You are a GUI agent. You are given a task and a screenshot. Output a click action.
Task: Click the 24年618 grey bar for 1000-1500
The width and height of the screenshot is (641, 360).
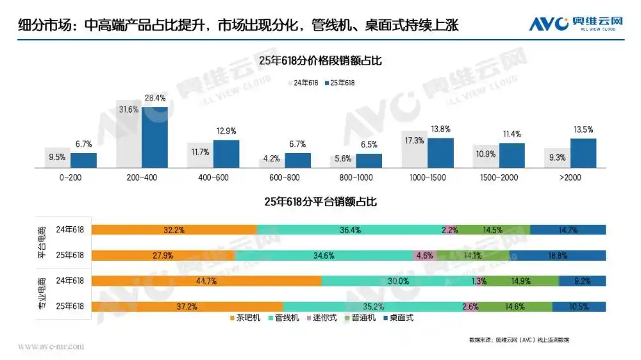414,149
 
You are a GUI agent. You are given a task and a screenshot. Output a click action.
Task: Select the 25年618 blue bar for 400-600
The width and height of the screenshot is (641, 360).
226,154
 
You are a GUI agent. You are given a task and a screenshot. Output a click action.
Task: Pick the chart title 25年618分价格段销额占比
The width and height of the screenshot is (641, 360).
320,60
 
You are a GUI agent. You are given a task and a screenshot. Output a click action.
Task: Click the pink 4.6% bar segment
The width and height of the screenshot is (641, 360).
424,255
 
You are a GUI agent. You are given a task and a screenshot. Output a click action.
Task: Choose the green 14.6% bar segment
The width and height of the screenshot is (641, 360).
515,306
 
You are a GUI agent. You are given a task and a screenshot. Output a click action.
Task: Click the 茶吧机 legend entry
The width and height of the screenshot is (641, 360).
247,317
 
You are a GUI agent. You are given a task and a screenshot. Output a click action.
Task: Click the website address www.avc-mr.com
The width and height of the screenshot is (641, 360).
51,347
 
